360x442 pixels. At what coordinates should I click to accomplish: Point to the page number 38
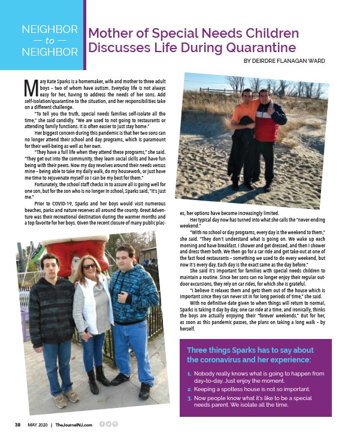coord(19,425)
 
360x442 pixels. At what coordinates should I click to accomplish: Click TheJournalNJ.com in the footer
coord(74,425)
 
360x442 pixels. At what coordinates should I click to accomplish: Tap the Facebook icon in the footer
coord(102,424)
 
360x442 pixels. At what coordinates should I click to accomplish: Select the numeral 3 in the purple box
coord(189,397)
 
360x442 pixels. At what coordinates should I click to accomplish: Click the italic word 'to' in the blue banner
coord(49,41)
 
